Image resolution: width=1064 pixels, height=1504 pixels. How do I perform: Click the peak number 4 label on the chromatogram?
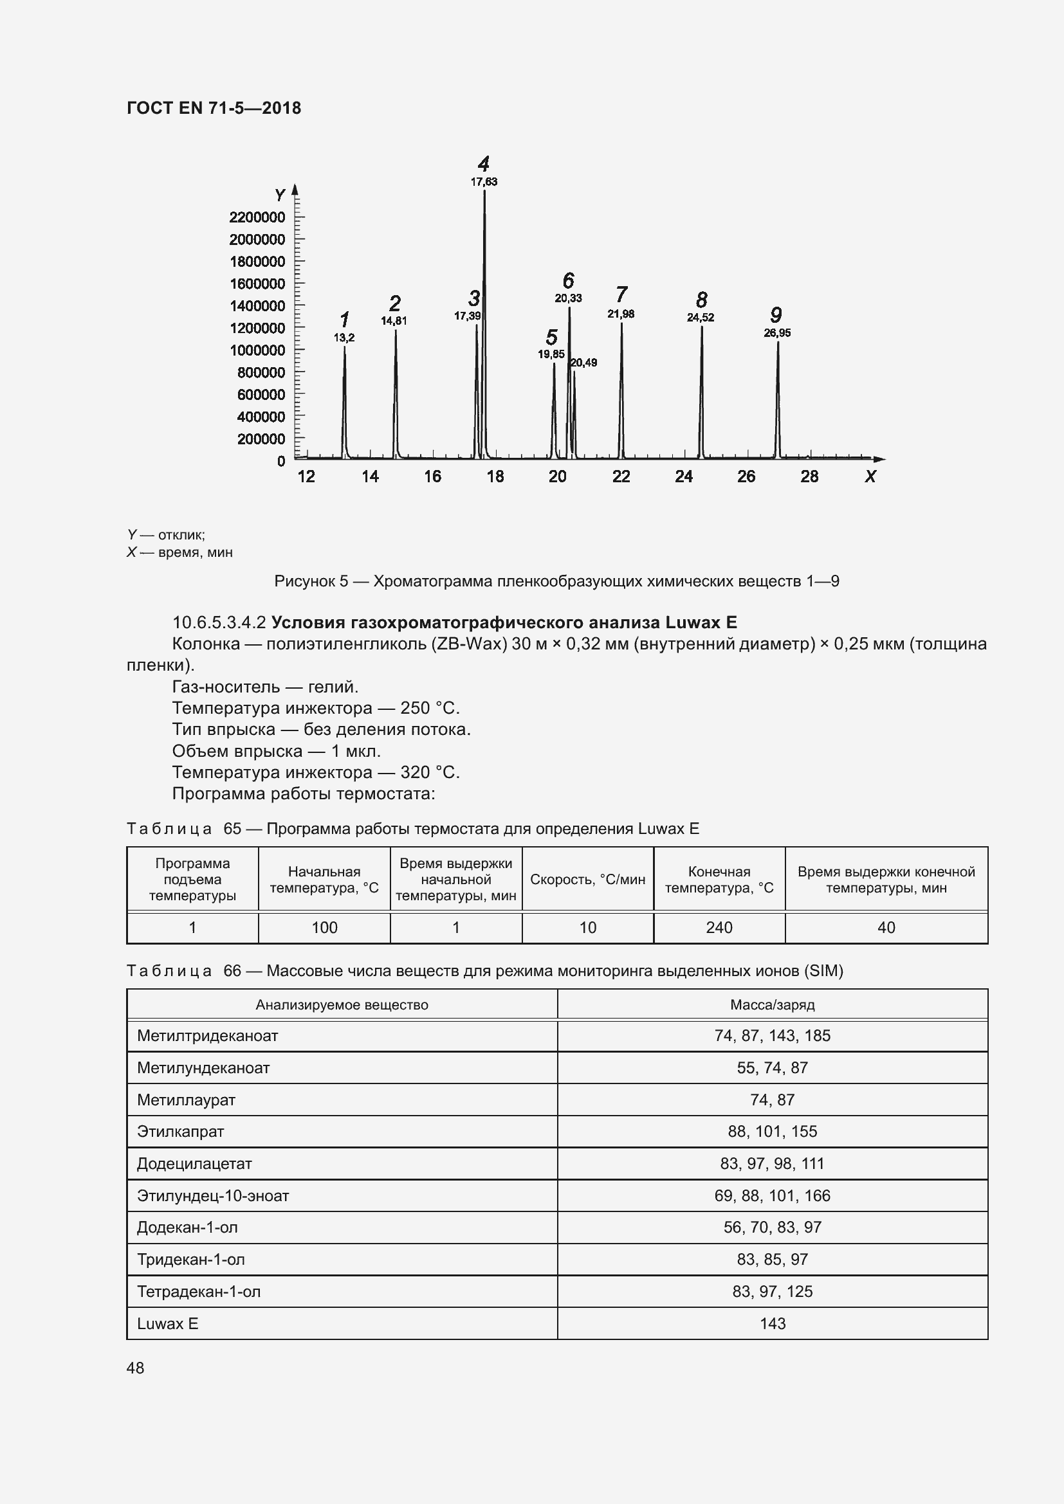coord(484,164)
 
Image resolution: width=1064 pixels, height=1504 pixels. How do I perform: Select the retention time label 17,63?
coord(484,182)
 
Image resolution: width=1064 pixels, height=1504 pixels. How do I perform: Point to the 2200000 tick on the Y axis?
coord(257,217)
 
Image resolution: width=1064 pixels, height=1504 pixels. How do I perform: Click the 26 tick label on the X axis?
coord(746,476)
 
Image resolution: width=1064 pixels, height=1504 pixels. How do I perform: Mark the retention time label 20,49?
coord(583,363)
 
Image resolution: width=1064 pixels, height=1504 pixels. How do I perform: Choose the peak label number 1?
coord(344,320)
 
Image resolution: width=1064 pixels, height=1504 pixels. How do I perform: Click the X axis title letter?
coord(870,477)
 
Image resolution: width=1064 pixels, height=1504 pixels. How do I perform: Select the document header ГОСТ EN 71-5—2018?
coord(214,108)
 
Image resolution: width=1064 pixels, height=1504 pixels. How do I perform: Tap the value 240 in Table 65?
coord(719,928)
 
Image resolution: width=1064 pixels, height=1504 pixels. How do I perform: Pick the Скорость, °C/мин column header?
coord(588,879)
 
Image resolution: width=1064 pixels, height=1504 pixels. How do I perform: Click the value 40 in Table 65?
coord(886,928)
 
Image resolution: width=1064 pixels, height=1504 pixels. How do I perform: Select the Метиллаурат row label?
coord(186,1100)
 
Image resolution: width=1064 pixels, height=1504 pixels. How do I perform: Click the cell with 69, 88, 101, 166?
coord(772,1195)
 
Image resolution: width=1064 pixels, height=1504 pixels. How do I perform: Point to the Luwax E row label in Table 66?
coord(168,1323)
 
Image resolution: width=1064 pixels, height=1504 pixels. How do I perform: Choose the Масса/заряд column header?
coord(772,1005)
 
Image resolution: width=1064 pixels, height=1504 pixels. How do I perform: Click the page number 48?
coord(136,1368)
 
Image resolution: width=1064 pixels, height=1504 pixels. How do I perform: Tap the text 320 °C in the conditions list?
coord(430,772)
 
